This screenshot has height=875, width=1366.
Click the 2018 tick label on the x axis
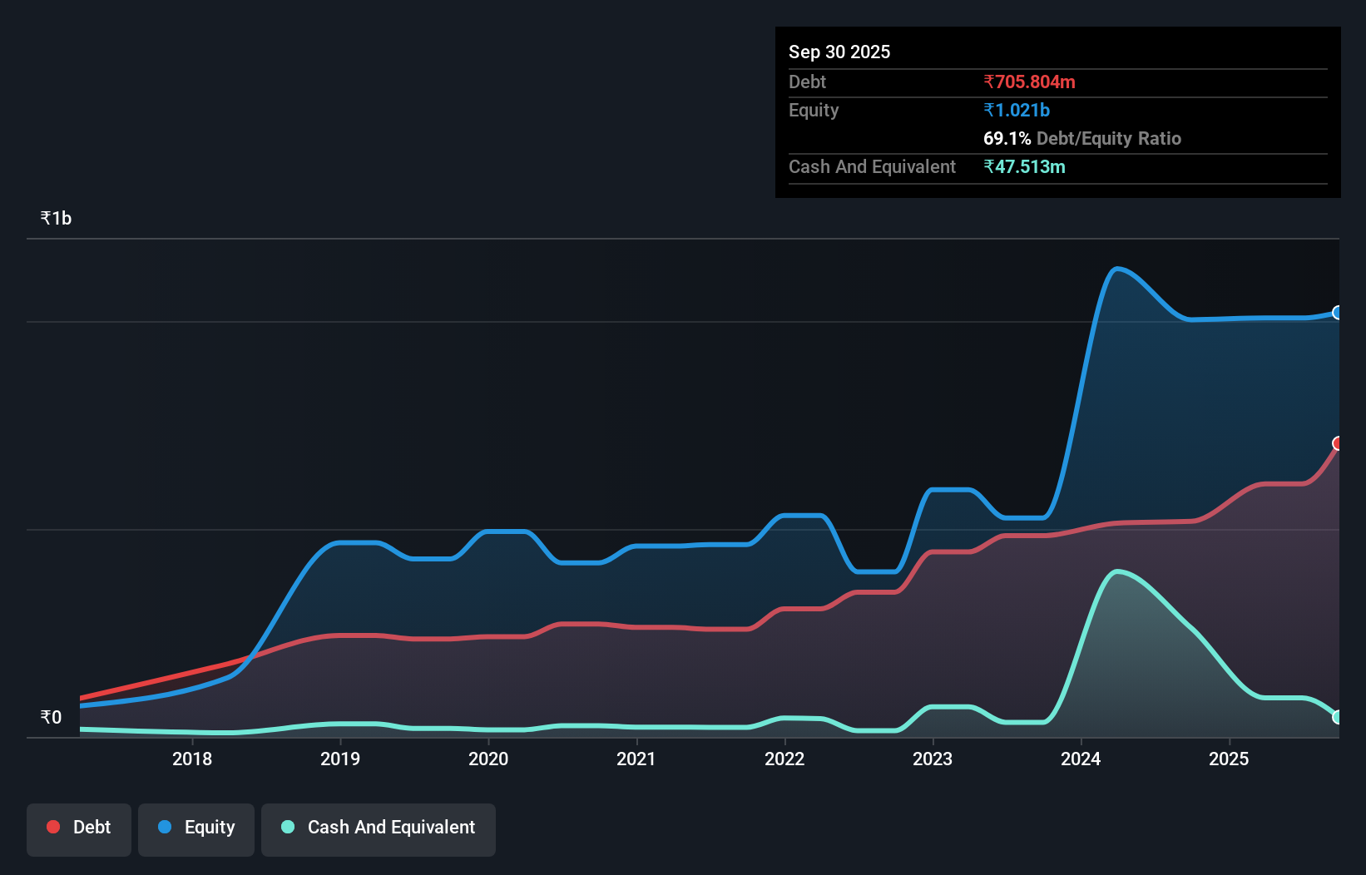(192, 759)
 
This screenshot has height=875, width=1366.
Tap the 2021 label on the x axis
(636, 759)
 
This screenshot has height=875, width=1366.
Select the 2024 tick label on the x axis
(1081, 759)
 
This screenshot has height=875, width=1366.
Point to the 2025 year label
(1229, 759)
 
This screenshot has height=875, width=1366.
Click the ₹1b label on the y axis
(56, 219)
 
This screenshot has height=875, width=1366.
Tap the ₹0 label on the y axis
(51, 718)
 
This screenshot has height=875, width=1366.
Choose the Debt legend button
(78, 828)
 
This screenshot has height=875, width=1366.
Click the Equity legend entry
(196, 828)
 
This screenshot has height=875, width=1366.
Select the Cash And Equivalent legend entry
(379, 828)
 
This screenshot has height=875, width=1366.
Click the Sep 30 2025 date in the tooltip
(839, 52)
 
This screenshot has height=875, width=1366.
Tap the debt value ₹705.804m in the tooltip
(1029, 82)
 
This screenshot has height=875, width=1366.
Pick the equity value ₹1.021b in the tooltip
(1017, 111)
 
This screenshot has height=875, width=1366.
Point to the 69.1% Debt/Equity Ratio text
(1081, 139)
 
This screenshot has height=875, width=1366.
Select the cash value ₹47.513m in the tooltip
(1024, 167)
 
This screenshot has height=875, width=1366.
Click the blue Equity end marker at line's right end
(1338, 313)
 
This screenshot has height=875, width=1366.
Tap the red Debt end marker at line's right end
(1338, 443)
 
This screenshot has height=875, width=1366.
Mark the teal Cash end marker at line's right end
(1338, 717)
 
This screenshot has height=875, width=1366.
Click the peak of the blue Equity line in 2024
(1116, 268)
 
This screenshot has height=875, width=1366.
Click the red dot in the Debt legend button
(53, 827)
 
